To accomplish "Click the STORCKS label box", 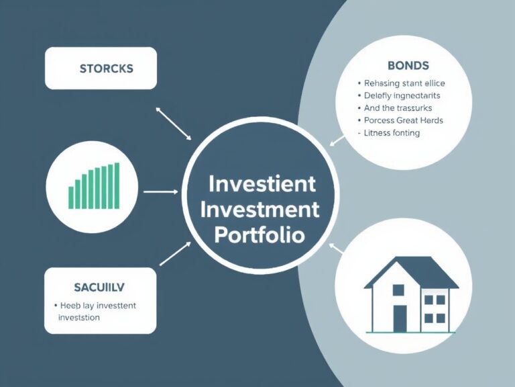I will tap(101, 69).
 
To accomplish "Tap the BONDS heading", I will tap(408, 66).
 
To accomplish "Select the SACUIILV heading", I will tap(99, 287).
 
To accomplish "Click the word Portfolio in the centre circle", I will tap(259, 235).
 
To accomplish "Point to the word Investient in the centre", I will tap(262, 183).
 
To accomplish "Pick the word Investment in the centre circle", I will tap(260, 210).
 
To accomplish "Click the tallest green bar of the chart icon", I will tap(117, 185).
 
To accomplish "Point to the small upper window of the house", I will tap(398, 290).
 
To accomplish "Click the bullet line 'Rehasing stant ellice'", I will tap(404, 84).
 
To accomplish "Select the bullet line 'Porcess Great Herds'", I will tap(404, 120).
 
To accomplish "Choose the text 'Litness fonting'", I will tap(392, 133).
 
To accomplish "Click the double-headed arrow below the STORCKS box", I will tap(173, 122).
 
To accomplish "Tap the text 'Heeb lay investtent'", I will tap(98, 306).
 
